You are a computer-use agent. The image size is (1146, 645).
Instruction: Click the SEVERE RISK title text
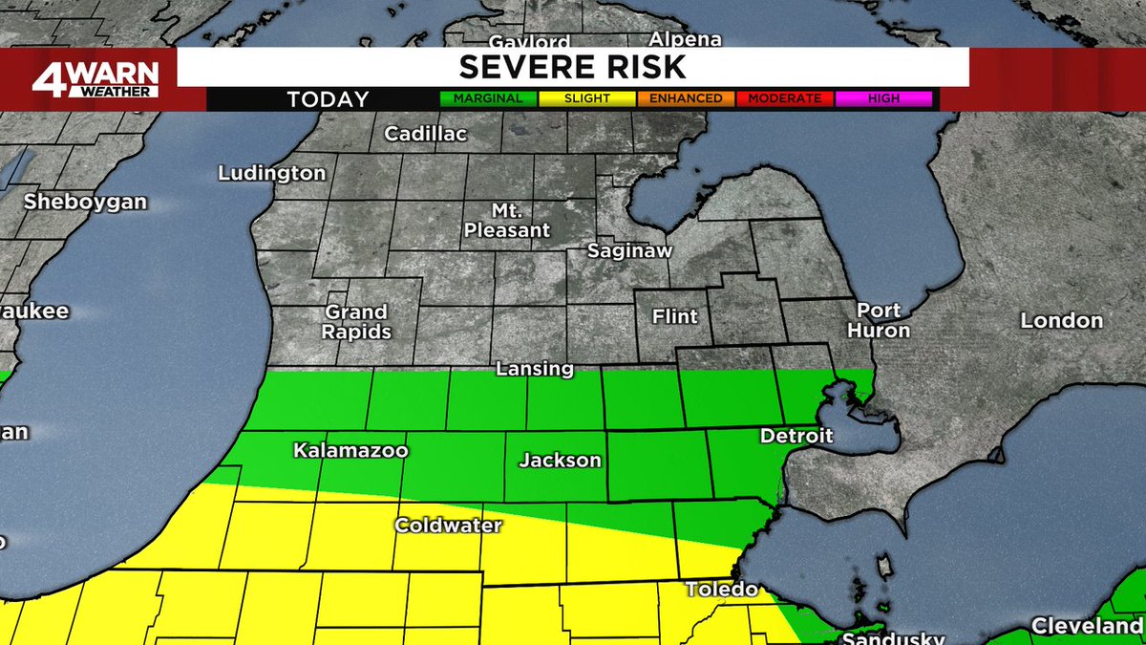click(572, 67)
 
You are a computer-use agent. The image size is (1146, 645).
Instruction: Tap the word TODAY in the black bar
click(328, 99)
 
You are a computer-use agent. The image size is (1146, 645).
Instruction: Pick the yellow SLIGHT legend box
click(586, 98)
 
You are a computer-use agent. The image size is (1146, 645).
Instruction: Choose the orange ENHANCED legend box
click(687, 98)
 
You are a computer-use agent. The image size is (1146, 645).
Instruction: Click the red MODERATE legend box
click(785, 98)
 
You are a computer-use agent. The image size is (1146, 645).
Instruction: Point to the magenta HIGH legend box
click(883, 98)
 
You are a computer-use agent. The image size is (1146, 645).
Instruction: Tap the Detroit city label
click(796, 436)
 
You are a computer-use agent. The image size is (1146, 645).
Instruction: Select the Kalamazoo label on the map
click(350, 449)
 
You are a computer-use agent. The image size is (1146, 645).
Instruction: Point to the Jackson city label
click(560, 461)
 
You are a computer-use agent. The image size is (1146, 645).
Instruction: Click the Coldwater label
click(449, 526)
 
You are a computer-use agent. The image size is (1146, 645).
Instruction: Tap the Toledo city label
click(722, 590)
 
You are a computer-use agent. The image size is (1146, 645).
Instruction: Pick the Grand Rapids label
click(357, 322)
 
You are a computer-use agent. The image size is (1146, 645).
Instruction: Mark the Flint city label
click(674, 316)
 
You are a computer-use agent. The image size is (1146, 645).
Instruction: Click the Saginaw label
click(630, 252)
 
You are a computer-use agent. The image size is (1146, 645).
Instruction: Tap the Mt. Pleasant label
click(506, 220)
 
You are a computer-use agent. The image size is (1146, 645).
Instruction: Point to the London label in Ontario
click(1061, 321)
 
